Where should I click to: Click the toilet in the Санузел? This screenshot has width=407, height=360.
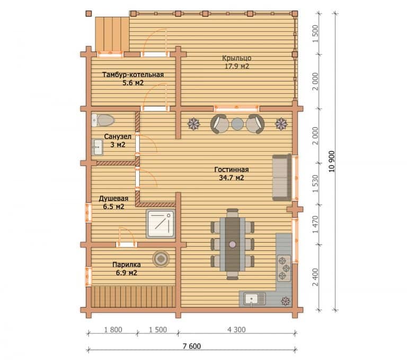[103, 120]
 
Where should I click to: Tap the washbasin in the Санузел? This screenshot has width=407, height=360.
[98, 147]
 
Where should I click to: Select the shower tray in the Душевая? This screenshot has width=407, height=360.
[161, 224]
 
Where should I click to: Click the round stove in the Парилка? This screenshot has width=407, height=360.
[161, 259]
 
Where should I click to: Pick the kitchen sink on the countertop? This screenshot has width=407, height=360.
[254, 298]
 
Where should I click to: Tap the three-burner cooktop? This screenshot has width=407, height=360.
[284, 268]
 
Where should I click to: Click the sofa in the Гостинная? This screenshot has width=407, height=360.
[282, 178]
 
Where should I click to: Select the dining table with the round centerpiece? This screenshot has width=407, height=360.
[232, 244]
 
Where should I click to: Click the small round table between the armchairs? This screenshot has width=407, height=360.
[237, 124]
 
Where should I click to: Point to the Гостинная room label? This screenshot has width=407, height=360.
[232, 170]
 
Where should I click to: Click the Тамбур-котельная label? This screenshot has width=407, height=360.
[133, 75]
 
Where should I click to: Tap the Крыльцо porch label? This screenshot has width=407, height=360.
[236, 58]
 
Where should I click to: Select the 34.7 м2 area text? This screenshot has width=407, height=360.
[232, 178]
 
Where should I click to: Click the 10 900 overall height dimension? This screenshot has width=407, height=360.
[331, 161]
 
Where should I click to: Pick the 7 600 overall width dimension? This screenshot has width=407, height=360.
[192, 346]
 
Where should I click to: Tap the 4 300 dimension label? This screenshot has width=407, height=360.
[236, 330]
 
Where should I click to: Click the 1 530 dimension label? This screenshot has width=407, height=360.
[315, 184]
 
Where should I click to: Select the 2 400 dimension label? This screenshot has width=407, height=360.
[315, 277]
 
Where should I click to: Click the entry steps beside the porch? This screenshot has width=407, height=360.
[112, 34]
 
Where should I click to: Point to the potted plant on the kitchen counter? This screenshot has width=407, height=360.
[286, 301]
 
